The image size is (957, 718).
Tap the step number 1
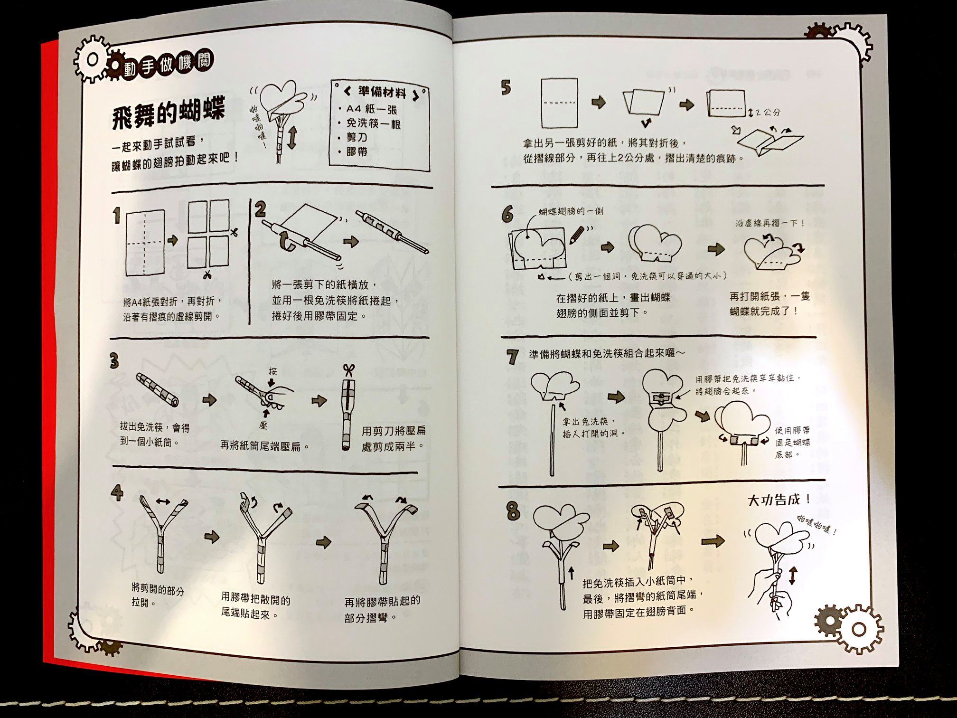[x=116, y=216]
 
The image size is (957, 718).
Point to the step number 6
[x=507, y=215]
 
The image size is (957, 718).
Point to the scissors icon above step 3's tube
[x=349, y=370]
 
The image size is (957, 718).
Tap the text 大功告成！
[x=779, y=500]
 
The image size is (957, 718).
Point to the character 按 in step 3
[x=272, y=371]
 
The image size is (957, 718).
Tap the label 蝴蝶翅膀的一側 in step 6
[x=571, y=211]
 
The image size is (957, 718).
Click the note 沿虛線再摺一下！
[x=770, y=223]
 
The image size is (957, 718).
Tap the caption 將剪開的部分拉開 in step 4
[x=158, y=596]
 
